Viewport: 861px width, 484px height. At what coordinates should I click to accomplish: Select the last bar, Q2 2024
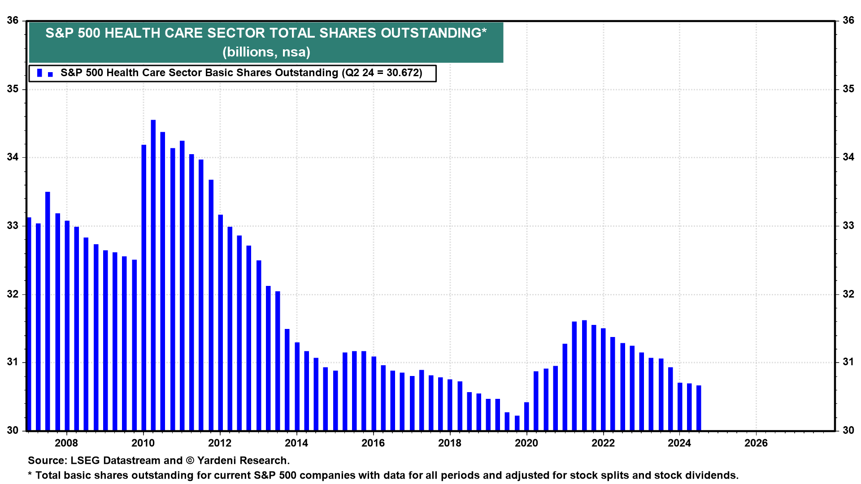(699, 407)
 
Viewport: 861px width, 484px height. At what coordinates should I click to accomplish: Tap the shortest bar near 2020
(517, 423)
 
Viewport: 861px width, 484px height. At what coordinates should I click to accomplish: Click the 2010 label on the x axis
(143, 443)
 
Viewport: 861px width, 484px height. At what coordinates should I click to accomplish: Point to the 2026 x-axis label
(756, 443)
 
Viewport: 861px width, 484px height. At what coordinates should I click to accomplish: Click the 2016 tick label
(373, 443)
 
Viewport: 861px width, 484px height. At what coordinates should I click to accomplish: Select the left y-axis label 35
(13, 89)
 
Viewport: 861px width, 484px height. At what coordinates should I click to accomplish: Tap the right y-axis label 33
(848, 225)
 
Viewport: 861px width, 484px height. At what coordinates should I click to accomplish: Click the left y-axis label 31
(13, 362)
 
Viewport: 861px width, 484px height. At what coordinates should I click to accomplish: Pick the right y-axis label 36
(848, 20)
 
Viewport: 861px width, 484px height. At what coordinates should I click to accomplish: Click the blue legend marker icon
(44, 73)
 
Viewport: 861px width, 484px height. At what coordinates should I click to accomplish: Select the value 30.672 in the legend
(404, 73)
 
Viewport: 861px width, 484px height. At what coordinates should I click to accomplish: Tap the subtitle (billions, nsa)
(266, 52)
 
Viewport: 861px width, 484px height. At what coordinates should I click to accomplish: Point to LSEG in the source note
(85, 460)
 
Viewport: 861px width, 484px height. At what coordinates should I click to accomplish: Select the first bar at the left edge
(29, 324)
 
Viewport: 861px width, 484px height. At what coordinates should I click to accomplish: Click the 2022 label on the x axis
(603, 443)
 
